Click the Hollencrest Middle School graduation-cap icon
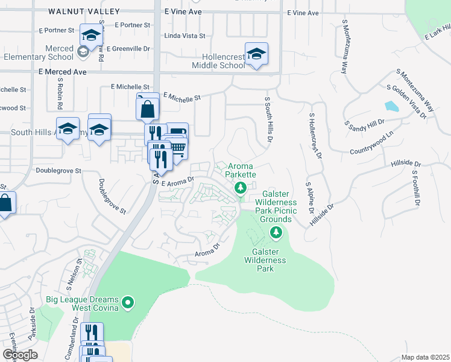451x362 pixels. pos(256,54)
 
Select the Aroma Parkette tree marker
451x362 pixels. pos(241,189)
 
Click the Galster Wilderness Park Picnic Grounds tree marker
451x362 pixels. pos(276,232)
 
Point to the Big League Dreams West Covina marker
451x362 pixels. pos(127,303)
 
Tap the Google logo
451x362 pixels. pos(20,354)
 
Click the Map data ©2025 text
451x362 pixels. pos(425,357)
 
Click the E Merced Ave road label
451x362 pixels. pos(63,71)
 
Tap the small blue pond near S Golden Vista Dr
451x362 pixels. pos(391,107)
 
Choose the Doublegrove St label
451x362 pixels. pos(58,171)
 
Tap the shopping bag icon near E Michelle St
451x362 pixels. pos(148,110)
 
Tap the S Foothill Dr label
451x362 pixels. pos(415,187)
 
